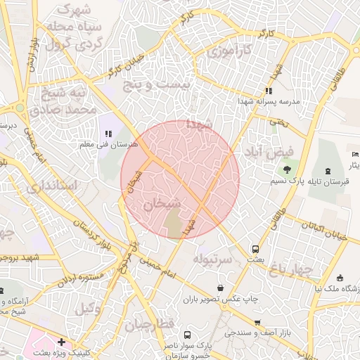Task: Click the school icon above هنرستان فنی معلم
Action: [108, 134]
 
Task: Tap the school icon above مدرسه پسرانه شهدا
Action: [268, 91]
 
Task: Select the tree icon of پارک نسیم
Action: [286, 169]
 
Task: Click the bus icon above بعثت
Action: [255, 249]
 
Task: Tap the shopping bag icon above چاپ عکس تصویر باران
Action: [221, 288]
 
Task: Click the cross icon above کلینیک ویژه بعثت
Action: [63, 342]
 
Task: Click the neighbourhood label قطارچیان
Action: [149, 325]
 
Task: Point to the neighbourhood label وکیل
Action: [89, 307]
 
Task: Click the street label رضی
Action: [276, 122]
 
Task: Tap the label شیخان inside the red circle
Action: [162, 204]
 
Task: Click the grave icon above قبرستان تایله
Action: [328, 171]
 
